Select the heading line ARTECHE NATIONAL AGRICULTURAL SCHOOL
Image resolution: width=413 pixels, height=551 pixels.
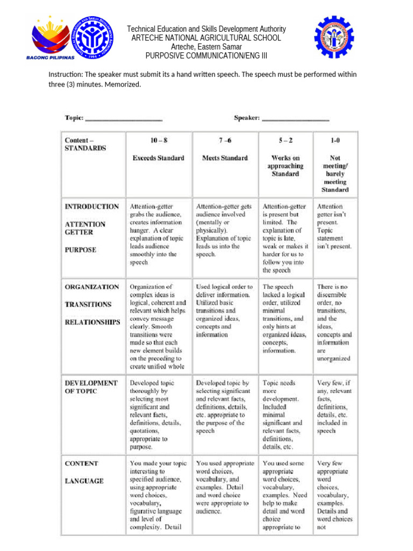[x=206, y=38]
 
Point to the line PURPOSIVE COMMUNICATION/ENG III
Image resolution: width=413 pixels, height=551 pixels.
[x=206, y=56]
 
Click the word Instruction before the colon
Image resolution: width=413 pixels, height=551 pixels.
[x=65, y=74]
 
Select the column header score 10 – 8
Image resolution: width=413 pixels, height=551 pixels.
[x=159, y=141]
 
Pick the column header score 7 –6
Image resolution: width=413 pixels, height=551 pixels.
[x=225, y=141]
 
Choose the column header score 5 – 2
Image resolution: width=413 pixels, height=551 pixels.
[x=285, y=141]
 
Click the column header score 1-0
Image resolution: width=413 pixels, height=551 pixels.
[x=335, y=141]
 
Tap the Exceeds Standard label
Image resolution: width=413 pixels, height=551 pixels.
[x=159, y=158]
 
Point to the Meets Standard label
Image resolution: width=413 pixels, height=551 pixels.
[x=225, y=158]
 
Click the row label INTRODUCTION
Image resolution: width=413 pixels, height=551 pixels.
[x=92, y=207]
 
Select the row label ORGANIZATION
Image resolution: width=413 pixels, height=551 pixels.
[x=92, y=287]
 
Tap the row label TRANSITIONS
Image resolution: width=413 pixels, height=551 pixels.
[x=88, y=305]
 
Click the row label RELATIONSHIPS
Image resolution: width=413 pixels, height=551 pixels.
[x=92, y=322]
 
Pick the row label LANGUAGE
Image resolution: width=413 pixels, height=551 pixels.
[x=84, y=481]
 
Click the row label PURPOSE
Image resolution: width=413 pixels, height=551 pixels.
[x=81, y=250]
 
